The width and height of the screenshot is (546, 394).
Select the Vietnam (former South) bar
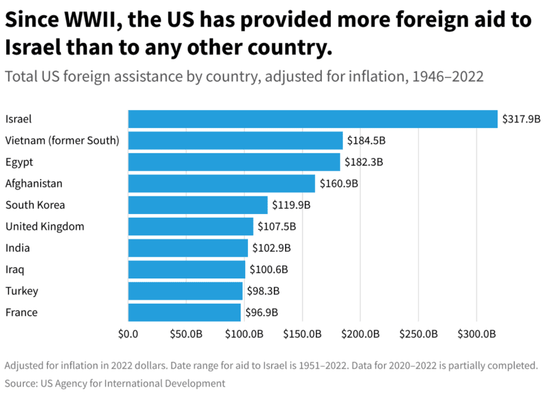(x=235, y=141)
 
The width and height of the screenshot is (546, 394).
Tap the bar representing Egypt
(x=234, y=162)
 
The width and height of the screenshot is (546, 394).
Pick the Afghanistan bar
(x=221, y=183)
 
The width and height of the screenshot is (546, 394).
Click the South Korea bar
(x=197, y=205)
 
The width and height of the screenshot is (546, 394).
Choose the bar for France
(x=185, y=312)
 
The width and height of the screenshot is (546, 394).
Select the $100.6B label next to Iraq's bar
(x=269, y=270)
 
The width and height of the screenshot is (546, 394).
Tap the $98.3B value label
(x=263, y=291)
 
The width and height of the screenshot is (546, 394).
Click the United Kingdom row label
(x=44, y=226)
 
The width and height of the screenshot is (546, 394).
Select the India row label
(x=18, y=248)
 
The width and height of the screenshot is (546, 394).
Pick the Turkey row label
(x=22, y=291)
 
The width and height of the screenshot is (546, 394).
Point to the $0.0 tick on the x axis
(x=128, y=334)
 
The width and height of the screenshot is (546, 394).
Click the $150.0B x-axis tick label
(x=302, y=334)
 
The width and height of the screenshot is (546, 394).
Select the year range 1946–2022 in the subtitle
(x=447, y=76)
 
